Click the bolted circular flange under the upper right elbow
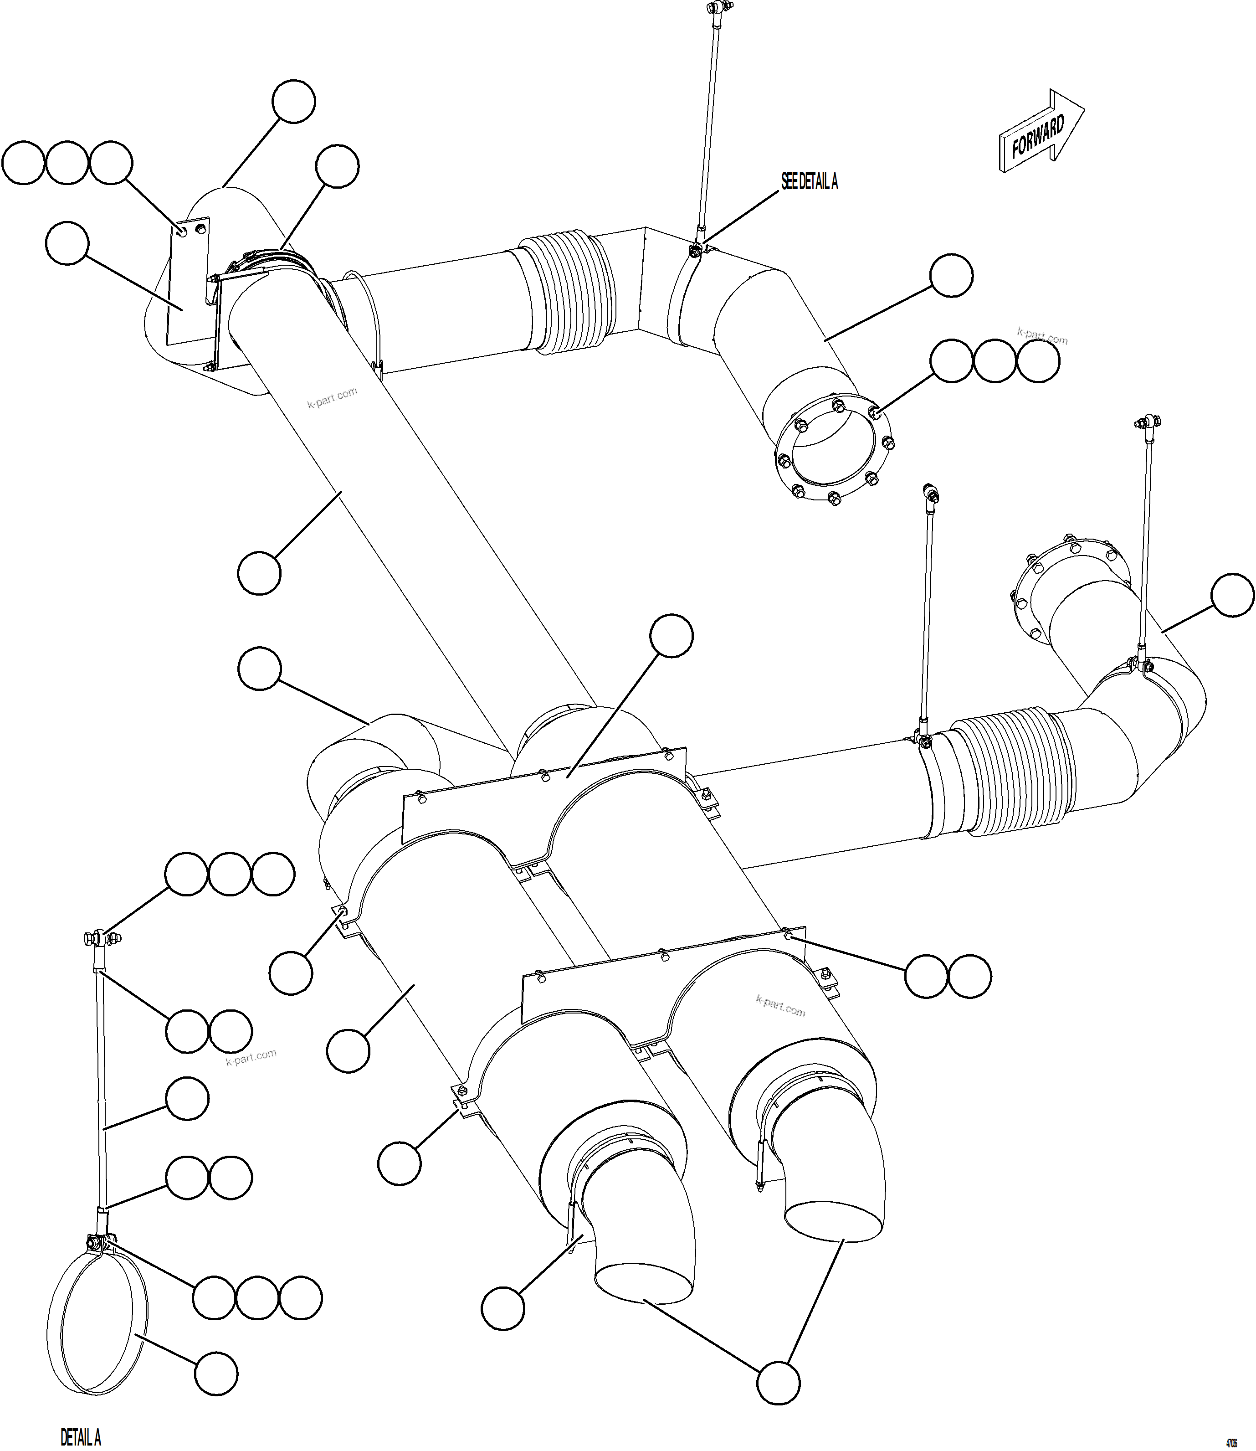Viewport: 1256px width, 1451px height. [x=834, y=448]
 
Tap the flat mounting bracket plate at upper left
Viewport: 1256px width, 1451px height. [x=188, y=284]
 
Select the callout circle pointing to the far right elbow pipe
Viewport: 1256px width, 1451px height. [x=1232, y=595]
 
